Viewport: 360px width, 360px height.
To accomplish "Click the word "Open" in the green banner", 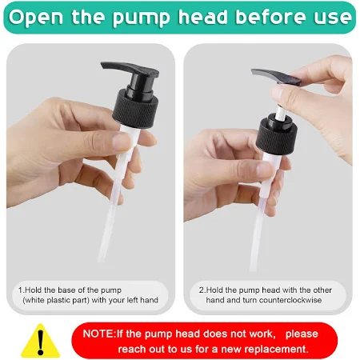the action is tap(36, 17).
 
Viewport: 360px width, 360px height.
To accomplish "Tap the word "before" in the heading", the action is tap(271, 16).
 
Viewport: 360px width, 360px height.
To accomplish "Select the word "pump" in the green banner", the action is tap(141, 18).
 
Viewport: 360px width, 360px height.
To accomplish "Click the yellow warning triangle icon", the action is tap(41, 341).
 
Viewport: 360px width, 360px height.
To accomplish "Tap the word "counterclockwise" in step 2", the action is tap(290, 300).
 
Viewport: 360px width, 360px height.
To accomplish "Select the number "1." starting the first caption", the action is tap(22, 290).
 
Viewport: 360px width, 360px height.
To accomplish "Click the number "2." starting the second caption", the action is tap(202, 290).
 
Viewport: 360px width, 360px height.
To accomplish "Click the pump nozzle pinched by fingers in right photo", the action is tap(276, 77).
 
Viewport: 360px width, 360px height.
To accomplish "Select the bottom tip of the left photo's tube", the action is tap(101, 260).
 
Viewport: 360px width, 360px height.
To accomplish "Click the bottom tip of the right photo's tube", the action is tap(253, 269).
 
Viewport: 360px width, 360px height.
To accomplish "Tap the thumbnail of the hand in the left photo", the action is tap(122, 142).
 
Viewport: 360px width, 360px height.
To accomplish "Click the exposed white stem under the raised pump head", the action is tap(280, 113).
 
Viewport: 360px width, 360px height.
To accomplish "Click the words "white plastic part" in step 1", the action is tap(56, 300).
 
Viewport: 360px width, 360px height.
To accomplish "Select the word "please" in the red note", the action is tap(302, 334).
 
